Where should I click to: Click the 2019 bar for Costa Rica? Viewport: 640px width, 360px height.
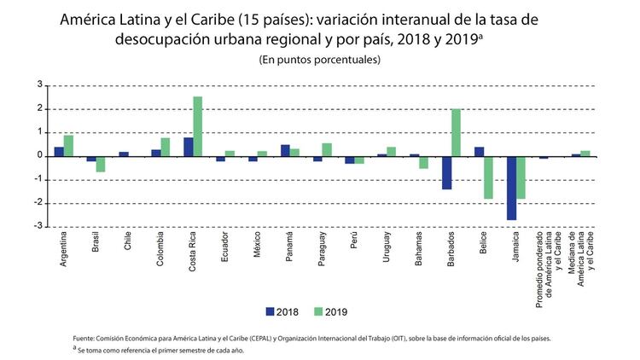pyautogui.click(x=198, y=126)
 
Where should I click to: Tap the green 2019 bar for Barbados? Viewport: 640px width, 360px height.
pyautogui.click(x=456, y=132)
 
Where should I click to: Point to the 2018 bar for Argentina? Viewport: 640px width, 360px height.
pyautogui.click(x=59, y=152)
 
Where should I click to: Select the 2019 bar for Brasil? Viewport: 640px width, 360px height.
pyautogui.click(x=101, y=164)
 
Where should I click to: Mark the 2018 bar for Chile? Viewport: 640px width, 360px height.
pyautogui.click(x=124, y=154)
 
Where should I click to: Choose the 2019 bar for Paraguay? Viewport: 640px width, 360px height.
pyautogui.click(x=327, y=150)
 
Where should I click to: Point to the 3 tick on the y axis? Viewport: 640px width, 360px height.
pyautogui.click(x=39, y=85)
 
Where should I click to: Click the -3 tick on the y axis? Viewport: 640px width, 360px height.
pyautogui.click(x=38, y=227)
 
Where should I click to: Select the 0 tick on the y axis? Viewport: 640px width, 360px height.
pyautogui.click(x=39, y=156)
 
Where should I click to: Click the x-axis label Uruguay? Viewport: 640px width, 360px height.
pyautogui.click(x=386, y=248)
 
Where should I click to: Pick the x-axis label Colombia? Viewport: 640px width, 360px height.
pyautogui.click(x=160, y=251)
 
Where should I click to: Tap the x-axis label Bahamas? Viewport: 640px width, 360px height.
pyautogui.click(x=418, y=249)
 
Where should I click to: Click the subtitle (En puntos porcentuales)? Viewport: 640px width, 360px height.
pyautogui.click(x=319, y=60)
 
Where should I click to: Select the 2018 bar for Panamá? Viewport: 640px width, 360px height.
pyautogui.click(x=285, y=151)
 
